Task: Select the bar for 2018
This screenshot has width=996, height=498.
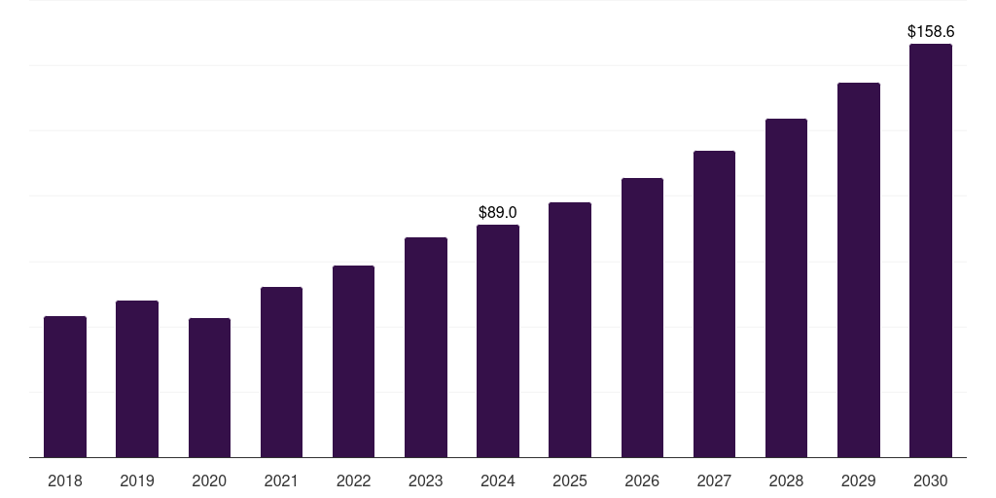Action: coord(65,387)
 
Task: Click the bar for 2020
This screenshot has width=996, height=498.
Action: coord(209,388)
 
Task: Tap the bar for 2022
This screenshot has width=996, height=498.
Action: coord(353,362)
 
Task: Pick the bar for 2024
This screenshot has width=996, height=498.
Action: coord(498,341)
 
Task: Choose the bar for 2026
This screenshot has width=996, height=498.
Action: coord(642,318)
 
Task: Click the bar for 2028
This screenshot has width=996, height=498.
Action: coord(786,288)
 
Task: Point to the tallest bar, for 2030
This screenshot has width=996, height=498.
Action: coord(930,251)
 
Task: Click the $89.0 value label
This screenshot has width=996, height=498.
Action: coord(498,212)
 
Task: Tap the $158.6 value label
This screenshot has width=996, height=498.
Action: coord(930,31)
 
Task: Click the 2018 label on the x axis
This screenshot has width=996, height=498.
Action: coord(65,480)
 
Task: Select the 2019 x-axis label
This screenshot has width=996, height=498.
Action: coord(137,480)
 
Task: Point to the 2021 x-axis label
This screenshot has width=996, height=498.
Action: coord(281,480)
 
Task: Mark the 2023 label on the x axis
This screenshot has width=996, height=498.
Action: coord(426,480)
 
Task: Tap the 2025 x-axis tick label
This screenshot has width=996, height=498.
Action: coord(570,480)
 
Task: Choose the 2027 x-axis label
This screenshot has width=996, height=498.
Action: coord(714,480)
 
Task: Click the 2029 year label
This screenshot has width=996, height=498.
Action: coord(858,480)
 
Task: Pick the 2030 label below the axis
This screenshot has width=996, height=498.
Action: coord(930,480)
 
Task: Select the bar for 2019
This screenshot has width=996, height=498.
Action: coord(137,379)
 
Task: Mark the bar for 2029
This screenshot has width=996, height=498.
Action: coord(858,270)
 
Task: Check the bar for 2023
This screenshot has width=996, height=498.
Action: coord(426,347)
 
